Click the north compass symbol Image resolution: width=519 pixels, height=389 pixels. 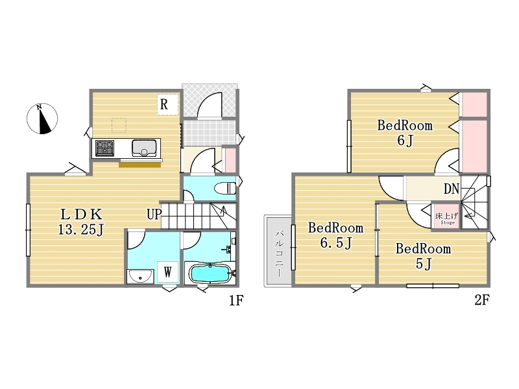point(42,119)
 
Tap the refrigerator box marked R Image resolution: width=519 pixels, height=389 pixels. point(167,104)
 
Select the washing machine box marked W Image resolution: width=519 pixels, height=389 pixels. point(168,272)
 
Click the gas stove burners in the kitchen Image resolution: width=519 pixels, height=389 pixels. point(105,148)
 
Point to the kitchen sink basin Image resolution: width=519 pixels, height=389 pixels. point(144,148)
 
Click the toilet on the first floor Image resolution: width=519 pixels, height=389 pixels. point(225,189)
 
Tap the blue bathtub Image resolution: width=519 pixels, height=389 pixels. point(210,274)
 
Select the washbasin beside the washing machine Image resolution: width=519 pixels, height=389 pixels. point(140,277)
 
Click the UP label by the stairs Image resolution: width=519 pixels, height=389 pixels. point(154,215)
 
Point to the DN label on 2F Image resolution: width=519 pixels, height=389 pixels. point(452,189)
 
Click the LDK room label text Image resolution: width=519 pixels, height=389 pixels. point(82,215)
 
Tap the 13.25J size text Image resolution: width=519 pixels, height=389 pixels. point(81,230)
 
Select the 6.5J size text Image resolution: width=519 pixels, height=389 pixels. point(335,243)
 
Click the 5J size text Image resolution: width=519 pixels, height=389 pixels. point(424,264)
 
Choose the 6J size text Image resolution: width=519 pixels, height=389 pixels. point(405,141)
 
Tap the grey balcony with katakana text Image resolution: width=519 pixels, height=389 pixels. point(278,251)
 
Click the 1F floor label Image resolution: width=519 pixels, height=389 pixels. point(236,300)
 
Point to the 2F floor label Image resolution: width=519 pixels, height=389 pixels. point(481,300)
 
